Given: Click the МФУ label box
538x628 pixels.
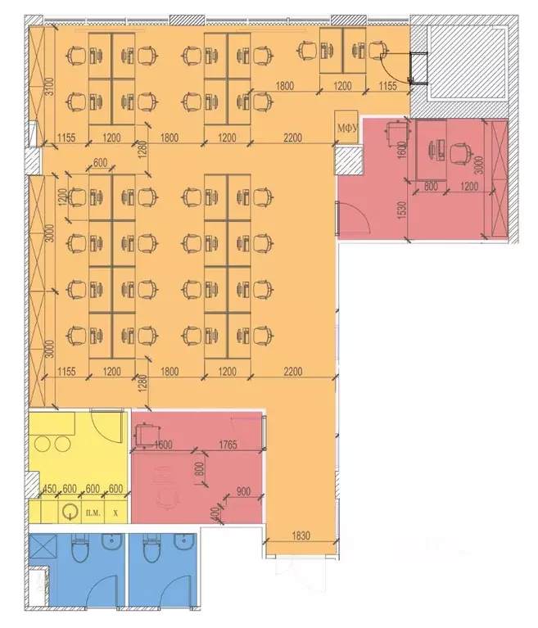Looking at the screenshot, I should pos(344,127).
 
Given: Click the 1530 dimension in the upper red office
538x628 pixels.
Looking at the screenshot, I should pos(399,210).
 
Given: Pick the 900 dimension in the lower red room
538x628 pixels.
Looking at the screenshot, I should pos(243,492).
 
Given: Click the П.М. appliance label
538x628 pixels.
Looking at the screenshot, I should pos(91,513).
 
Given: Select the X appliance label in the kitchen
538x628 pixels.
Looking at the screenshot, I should pos(115,513).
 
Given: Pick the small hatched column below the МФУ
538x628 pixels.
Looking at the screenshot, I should pos(347,161).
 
